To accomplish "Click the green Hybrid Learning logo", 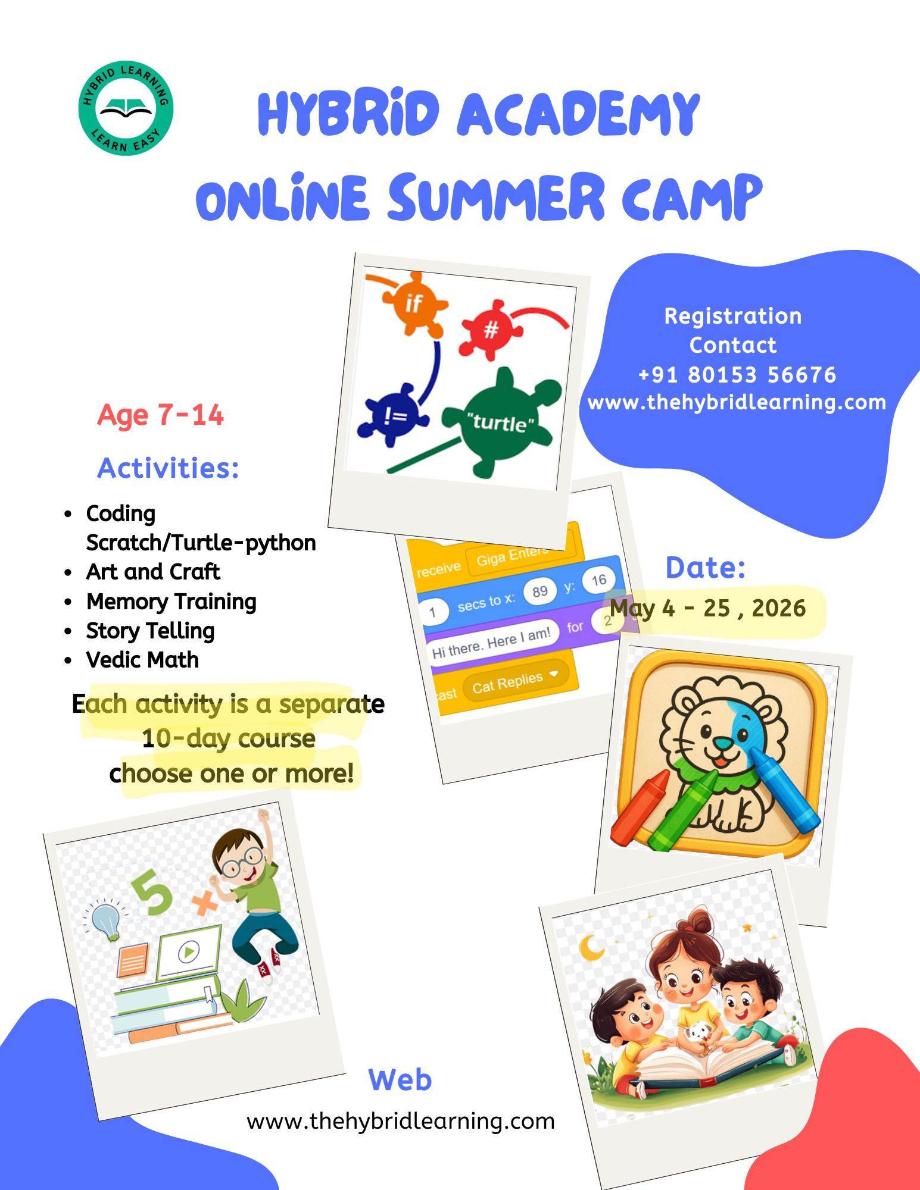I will (x=126, y=108).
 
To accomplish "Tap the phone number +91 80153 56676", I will (x=737, y=375).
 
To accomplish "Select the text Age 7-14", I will (x=160, y=415).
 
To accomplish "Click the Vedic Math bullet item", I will (x=142, y=660).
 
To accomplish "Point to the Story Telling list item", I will (x=150, y=631).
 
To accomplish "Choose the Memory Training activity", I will (x=171, y=602).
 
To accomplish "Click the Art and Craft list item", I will (x=153, y=572).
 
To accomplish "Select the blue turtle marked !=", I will (x=393, y=415).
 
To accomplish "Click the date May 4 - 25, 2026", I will (x=708, y=609).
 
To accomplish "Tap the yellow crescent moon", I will (x=592, y=947).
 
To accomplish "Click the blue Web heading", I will (x=400, y=1080).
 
